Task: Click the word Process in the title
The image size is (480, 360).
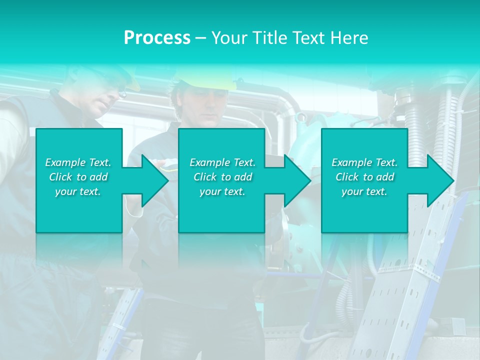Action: pos(157,38)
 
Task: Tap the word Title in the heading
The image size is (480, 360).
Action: pos(267,38)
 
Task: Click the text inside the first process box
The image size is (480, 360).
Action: pos(78,177)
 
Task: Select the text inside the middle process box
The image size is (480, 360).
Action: pos(222,177)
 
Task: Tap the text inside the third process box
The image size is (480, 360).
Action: pos(364,177)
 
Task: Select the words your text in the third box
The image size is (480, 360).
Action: pos(364,191)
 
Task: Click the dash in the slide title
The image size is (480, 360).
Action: pos(200,38)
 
